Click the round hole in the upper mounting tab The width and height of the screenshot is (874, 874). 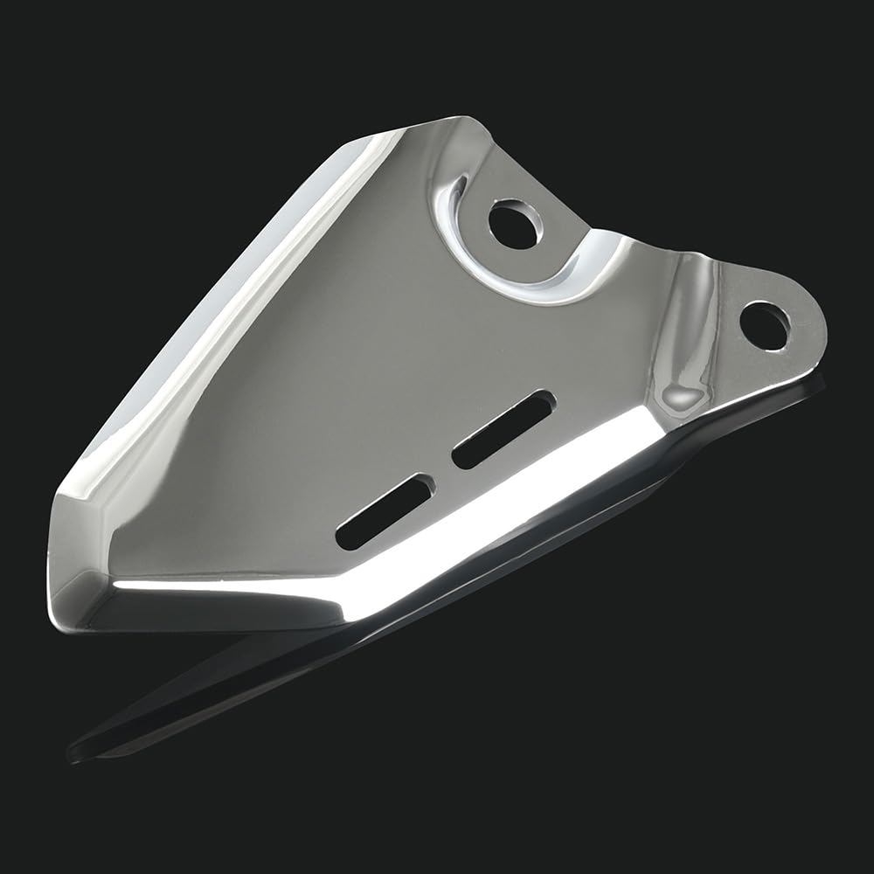coord(513,225)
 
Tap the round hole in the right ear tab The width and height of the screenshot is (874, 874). coord(765,325)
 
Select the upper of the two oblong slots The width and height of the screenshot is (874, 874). coord(503,428)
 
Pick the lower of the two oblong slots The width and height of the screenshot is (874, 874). coord(385,511)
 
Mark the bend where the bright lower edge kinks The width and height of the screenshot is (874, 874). coord(350,603)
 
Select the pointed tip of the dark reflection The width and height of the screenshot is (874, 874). coord(74,752)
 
